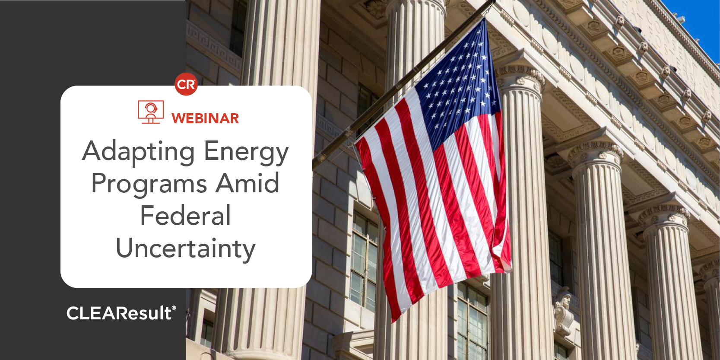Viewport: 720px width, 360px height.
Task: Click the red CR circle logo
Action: pos(186,84)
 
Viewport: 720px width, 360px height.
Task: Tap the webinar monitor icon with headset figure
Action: pos(151,112)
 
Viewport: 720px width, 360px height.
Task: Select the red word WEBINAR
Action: pos(205,118)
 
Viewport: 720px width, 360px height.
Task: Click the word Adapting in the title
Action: pos(139,152)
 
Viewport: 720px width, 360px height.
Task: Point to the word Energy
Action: pos(246,152)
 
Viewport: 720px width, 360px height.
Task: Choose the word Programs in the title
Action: pos(149,184)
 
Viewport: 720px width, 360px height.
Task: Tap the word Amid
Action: pos(247,183)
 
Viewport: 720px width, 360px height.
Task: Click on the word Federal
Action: pos(186,216)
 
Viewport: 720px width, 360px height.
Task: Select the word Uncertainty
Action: pos(186,248)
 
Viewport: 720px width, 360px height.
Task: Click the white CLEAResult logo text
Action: pos(119,313)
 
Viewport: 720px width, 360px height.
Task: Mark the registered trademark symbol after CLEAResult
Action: pos(174,308)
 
